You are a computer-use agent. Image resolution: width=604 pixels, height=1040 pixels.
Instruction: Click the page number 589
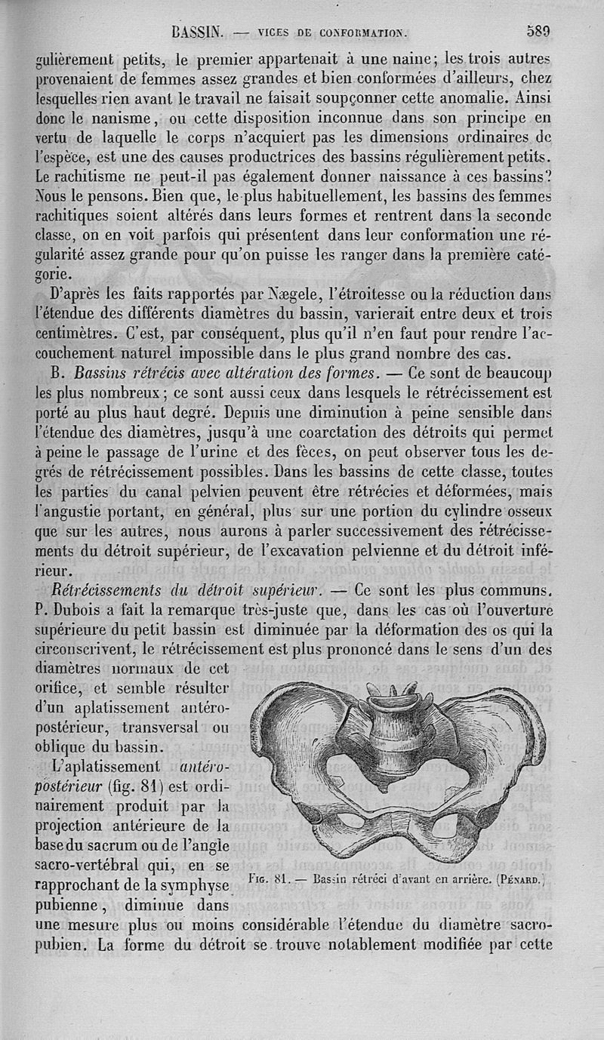click(x=538, y=31)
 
